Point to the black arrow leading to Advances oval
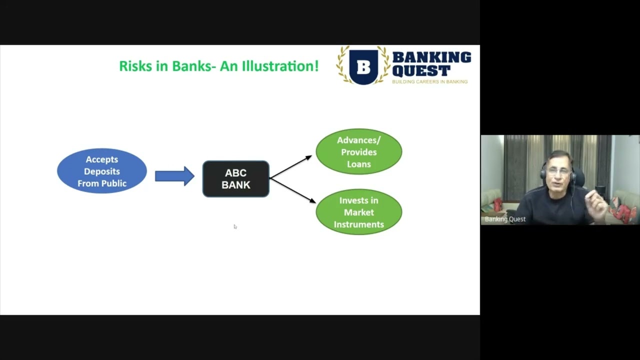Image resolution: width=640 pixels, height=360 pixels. (290, 167)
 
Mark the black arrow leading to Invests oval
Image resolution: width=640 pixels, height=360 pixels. (293, 190)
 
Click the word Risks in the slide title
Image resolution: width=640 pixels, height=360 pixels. (135, 66)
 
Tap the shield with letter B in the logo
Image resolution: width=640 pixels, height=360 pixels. (363, 66)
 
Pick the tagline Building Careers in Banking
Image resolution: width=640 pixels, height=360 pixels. (429, 81)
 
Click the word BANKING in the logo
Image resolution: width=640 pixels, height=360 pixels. (431, 57)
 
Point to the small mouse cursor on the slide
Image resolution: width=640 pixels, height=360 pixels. (235, 226)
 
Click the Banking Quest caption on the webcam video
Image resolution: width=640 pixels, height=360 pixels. (505, 219)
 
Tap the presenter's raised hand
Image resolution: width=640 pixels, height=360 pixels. (598, 200)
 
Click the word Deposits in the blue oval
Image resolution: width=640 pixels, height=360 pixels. (102, 171)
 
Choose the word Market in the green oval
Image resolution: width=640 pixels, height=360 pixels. (359, 212)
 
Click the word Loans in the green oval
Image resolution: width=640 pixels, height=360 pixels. (359, 164)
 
